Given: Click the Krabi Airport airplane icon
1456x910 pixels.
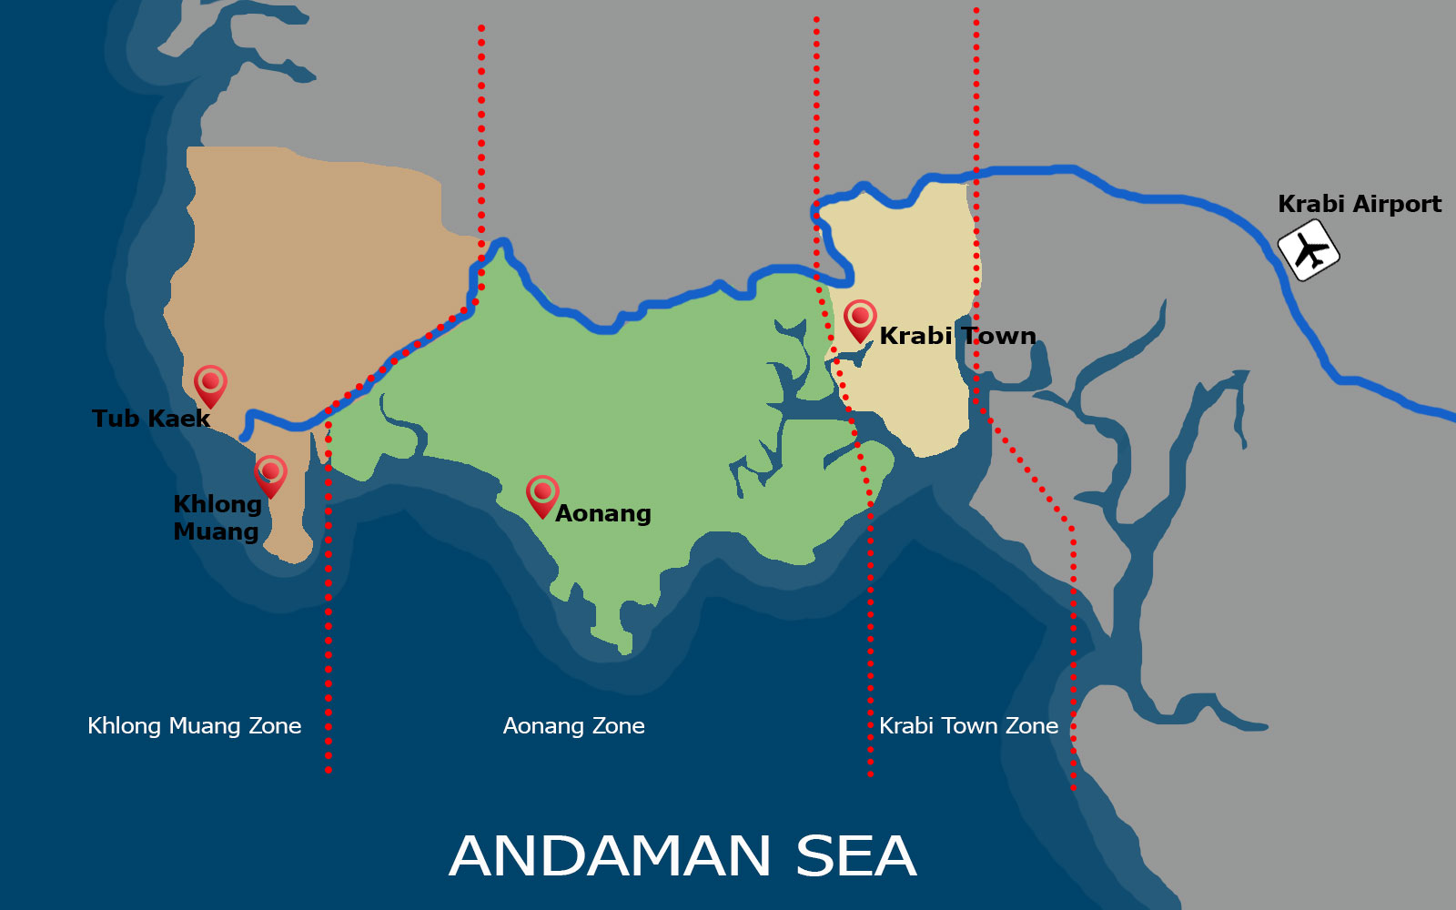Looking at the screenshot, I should [1309, 250].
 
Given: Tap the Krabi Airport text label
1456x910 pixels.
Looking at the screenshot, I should [1359, 204].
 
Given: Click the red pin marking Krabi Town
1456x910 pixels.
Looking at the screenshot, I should [860, 319].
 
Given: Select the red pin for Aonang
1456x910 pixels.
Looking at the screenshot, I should [542, 495].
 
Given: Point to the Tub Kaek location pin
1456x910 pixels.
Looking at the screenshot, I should [210, 385].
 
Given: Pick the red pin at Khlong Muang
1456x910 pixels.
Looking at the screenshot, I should [270, 475].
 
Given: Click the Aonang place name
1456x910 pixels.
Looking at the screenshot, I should [602, 513].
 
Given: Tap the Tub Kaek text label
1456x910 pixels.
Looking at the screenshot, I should [151, 419].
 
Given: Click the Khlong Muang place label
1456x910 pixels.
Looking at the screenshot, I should [217, 518].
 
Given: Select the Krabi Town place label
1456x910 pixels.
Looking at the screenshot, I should [957, 336].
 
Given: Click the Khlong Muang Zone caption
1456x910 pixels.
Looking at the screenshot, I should [194, 726].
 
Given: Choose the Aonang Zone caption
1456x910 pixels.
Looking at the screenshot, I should [573, 726].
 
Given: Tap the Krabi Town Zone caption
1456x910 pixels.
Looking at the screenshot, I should [968, 726].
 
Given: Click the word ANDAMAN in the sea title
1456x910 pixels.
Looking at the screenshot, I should [611, 856].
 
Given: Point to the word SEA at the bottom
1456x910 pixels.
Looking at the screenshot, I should [855, 856].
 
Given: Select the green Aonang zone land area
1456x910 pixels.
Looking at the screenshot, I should [619, 409].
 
